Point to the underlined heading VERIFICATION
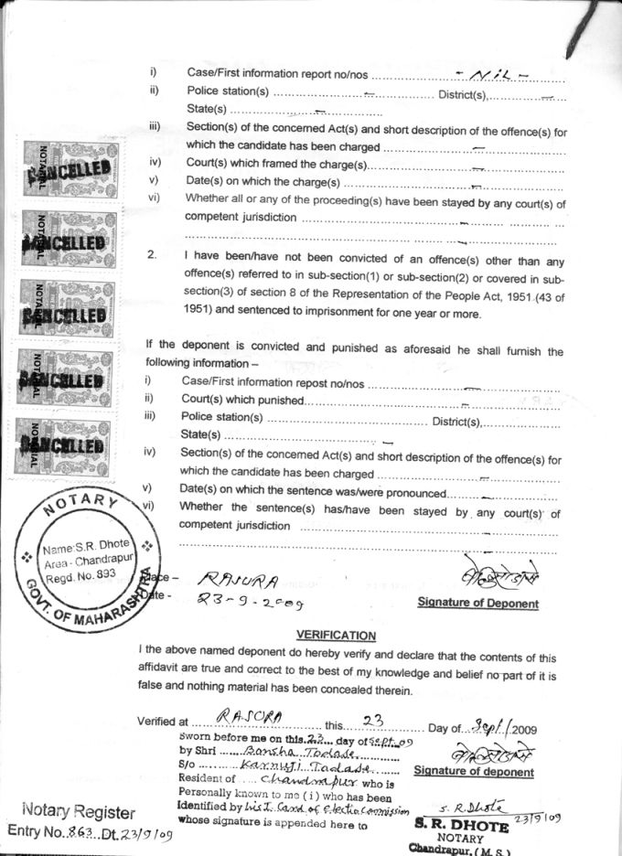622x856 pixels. (336, 635)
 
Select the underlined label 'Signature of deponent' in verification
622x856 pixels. (474, 771)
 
